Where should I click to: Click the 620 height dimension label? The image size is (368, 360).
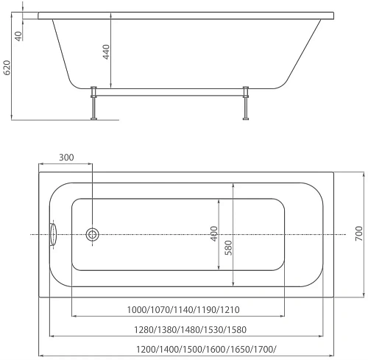(7, 68)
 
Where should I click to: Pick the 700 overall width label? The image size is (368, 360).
(359, 234)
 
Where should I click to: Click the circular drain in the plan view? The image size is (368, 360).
(93, 235)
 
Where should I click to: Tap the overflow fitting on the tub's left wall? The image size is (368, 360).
(52, 235)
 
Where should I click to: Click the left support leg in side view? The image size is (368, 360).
(93, 103)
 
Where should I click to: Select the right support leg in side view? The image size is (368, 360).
(243, 103)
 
